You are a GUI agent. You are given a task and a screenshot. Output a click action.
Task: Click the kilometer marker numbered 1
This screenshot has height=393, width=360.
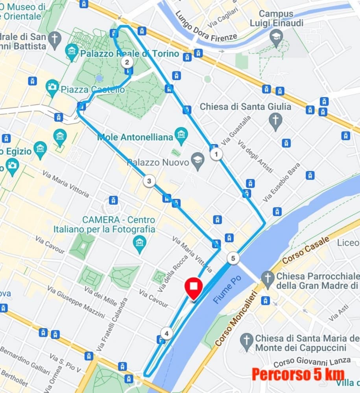tap(216, 154)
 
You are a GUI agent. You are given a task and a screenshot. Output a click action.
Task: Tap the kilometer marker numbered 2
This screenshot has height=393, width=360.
tap(127, 62)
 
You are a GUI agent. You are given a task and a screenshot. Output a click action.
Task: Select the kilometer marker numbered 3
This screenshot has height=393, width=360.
tap(149, 181)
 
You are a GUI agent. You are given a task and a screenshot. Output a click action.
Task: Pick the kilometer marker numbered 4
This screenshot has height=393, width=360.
tap(166, 334)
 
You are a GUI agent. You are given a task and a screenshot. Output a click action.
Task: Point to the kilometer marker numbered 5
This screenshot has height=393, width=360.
tap(233, 258)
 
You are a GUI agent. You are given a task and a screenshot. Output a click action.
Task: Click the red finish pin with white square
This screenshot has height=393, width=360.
tap(193, 288)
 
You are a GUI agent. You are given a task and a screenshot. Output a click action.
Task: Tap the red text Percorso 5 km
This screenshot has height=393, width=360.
tap(298, 374)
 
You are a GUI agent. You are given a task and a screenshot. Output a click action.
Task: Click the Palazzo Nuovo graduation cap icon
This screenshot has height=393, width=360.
tap(197, 161)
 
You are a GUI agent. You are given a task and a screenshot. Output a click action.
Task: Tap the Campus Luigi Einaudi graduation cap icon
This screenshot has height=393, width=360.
tap(276, 38)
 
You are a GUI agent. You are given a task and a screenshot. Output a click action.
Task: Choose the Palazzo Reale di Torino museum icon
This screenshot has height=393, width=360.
tap(72, 52)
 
